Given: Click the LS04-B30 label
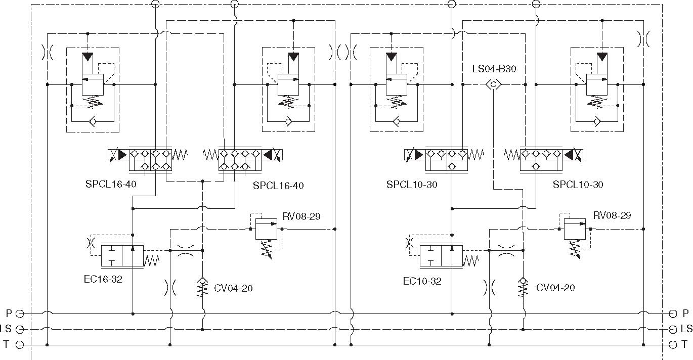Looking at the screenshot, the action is [x=494, y=69].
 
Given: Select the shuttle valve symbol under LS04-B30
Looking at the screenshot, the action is [x=493, y=84].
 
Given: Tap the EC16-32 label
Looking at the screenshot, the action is [x=103, y=279].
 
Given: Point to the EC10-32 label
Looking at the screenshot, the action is [x=422, y=281].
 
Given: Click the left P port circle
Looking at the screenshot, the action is [x=20, y=314].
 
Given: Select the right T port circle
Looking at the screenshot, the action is [x=673, y=344].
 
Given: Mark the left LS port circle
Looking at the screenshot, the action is [x=20, y=330].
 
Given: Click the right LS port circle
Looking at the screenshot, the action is [x=673, y=330].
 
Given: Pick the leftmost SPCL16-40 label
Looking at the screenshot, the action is [x=111, y=184].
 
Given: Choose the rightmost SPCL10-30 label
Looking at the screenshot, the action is [x=578, y=185].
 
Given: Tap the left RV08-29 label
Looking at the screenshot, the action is [x=301, y=216].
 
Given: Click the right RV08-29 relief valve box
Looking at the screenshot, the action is [x=575, y=229].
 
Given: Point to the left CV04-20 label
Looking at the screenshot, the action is [x=233, y=288].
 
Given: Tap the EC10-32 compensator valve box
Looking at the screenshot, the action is [x=441, y=256].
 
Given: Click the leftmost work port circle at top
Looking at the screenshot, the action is [x=155, y=4].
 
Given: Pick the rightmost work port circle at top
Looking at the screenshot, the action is [x=536, y=4].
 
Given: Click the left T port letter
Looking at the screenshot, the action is [x=6, y=344].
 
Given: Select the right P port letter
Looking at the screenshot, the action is [x=685, y=313].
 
